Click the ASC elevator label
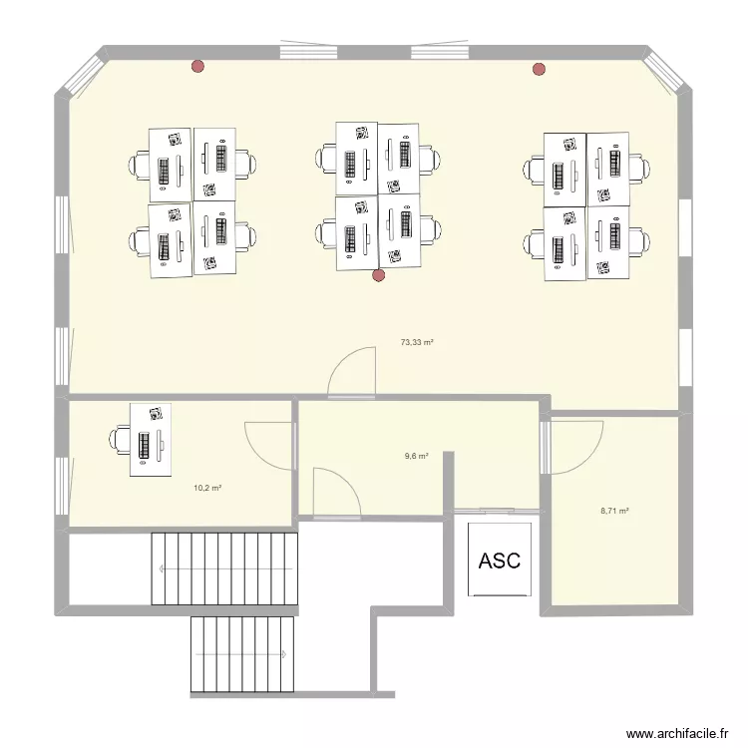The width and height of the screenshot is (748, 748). coord(499,561)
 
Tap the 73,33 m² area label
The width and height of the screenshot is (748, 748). coord(417,342)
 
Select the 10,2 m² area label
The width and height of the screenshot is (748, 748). coord(207,488)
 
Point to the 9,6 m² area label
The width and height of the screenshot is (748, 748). coord(416,456)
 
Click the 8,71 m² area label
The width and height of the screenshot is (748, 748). coord(614,511)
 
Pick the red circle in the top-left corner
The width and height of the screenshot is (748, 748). coord(197,68)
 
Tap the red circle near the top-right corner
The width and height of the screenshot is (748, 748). coord(540,69)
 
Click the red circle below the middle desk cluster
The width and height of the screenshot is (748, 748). coord(378,275)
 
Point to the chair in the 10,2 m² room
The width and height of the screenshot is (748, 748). coord(120,439)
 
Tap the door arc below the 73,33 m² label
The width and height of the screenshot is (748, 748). coord(351,374)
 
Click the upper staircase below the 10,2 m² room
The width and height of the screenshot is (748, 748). coord(224,568)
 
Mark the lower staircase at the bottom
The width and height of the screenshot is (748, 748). coord(242,653)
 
